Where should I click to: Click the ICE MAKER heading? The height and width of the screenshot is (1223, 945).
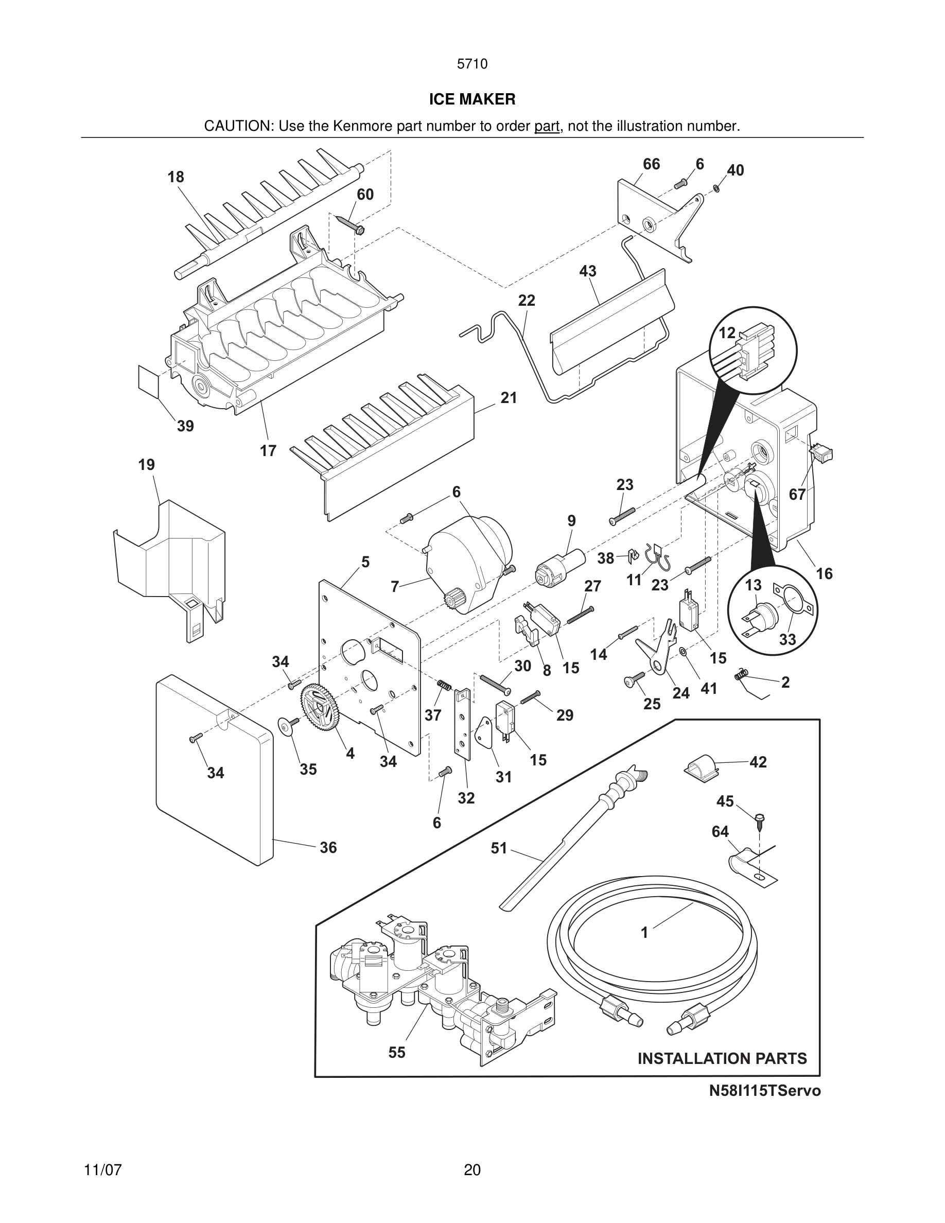[x=472, y=99]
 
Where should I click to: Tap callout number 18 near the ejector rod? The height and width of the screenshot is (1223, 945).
[x=176, y=177]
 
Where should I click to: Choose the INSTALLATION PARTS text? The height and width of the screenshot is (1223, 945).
[x=722, y=1058]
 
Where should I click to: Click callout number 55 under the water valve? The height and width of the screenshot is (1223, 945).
[x=397, y=1052]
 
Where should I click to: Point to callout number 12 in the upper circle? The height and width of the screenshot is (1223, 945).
[x=727, y=333]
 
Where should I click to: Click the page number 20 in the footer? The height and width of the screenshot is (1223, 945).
[x=472, y=1170]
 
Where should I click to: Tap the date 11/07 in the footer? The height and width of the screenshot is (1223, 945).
[x=103, y=1170]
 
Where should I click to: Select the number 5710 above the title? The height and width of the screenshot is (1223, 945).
[x=472, y=64]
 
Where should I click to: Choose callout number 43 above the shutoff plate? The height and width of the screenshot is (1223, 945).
[x=588, y=272]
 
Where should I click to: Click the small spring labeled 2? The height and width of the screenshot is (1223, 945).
[x=741, y=676]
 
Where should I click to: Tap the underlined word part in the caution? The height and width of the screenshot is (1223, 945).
[x=547, y=126]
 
